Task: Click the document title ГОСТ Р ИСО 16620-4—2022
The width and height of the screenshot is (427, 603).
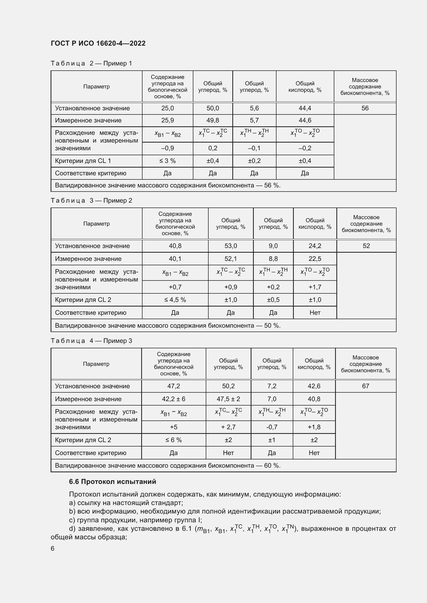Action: coord(98,43)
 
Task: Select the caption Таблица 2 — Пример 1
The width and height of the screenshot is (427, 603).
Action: coord(91,63)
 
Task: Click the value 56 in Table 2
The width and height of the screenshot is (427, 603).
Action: coord(365,108)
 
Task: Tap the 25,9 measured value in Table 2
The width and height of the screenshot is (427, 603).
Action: coord(168,120)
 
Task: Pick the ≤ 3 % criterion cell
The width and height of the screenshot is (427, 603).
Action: coord(168,161)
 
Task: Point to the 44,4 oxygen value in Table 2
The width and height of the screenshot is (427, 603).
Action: coord(305,108)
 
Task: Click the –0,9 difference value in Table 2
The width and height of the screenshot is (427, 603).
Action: coord(168,148)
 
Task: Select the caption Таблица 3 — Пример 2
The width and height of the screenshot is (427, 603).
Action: coord(91,200)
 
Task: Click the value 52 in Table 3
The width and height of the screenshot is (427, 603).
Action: coord(366,246)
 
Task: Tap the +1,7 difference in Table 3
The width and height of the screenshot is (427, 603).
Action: coord(315,287)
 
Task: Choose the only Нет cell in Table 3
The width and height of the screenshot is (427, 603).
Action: coord(315,312)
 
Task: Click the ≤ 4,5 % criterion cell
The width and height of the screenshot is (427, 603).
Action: coord(175,300)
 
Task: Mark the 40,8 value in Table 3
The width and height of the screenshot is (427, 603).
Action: coord(175,246)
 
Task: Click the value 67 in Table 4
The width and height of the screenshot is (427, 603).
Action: coord(366,386)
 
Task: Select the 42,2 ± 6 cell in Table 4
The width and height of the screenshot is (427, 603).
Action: coord(173,399)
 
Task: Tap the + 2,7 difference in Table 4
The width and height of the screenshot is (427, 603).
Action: coord(228,427)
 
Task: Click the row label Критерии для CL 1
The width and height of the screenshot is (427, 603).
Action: coord(83,161)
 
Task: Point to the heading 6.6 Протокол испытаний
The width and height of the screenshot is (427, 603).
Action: coord(113,481)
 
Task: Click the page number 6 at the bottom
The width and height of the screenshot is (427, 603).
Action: coord(53,548)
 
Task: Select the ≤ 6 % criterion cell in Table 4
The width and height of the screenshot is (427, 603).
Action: coord(173,440)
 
